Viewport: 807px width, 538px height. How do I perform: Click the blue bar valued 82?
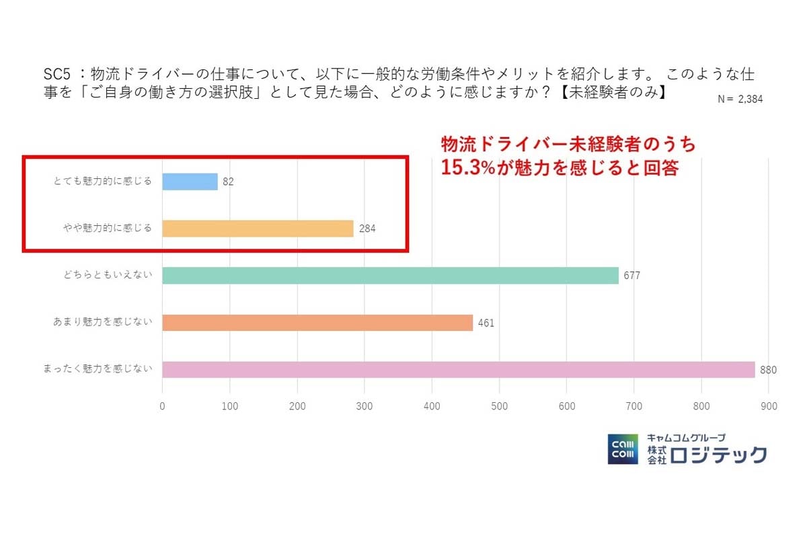tap(190, 182)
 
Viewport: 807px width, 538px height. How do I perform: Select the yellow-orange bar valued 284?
tap(258, 229)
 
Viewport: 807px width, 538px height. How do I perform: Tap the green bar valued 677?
tap(390, 276)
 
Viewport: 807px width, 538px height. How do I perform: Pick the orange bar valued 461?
tap(317, 323)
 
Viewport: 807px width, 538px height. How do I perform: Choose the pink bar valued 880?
tap(458, 370)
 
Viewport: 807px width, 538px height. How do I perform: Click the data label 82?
tap(228, 182)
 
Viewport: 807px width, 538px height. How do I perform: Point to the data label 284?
tap(367, 229)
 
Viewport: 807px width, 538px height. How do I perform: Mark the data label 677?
tap(631, 276)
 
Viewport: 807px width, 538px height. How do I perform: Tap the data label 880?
tap(768, 370)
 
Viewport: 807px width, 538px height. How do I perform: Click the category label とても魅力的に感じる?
tap(102, 181)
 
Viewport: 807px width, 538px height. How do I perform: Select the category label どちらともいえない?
tap(107, 275)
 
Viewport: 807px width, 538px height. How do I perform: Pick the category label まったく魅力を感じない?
tap(98, 369)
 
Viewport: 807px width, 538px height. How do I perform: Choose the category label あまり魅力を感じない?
tap(102, 321)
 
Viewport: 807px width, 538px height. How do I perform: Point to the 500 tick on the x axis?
tap(499, 406)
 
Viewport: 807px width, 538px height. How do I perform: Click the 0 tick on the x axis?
tap(162, 406)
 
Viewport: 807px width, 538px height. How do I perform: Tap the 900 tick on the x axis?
tap(769, 406)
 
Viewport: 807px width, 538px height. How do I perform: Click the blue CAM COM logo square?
tap(623, 449)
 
